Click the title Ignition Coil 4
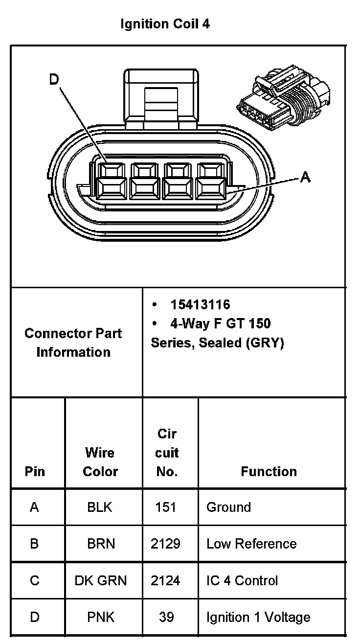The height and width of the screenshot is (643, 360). click(165, 24)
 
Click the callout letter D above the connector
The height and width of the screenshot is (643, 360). click(54, 80)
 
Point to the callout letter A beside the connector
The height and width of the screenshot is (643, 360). click(305, 177)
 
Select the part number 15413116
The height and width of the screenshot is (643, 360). click(200, 304)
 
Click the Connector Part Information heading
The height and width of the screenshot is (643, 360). click(73, 343)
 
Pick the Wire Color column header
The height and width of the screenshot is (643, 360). click(100, 461)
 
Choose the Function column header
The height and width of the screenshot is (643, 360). click(269, 471)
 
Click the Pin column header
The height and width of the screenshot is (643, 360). click(34, 471)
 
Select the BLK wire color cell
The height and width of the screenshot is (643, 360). click(100, 507)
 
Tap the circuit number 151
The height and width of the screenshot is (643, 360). click(166, 507)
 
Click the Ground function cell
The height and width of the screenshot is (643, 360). click(228, 507)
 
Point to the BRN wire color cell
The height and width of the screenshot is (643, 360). click(101, 544)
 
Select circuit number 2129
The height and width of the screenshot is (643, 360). click(166, 544)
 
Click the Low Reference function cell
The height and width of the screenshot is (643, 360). click(251, 544)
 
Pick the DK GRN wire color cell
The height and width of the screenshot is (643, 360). click(101, 580)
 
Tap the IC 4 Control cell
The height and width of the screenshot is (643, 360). click(242, 580)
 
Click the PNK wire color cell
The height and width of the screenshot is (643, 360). click(101, 617)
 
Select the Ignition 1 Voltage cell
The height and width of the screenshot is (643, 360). click(258, 617)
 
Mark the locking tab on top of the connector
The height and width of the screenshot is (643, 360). click(162, 98)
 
